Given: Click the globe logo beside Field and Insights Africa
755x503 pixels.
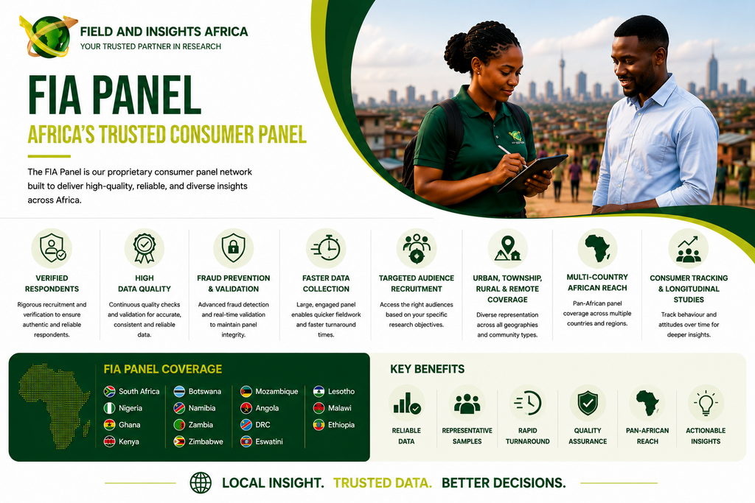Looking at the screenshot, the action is tap(48, 37).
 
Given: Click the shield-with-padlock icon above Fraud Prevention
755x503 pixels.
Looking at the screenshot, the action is tap(234, 248).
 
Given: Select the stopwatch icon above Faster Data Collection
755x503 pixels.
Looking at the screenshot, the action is tap(325, 248).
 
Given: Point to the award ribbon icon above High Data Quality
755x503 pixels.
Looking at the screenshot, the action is tap(145, 248).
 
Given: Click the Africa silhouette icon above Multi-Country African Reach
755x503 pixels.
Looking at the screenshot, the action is tap(597, 247).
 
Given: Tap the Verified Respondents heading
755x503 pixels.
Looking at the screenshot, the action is tap(52, 284).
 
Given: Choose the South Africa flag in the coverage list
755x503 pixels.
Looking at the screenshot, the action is tap(109, 392).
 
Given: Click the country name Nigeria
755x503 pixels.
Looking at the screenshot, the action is tap(131, 408).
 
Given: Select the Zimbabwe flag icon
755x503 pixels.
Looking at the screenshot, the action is tap(179, 441).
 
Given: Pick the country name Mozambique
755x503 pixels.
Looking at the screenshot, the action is tap(276, 392).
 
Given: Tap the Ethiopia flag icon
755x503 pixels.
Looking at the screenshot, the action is tap(319, 425).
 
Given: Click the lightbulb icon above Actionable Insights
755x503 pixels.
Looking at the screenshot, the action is tap(706, 403).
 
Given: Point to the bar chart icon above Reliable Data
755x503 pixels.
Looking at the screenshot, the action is tap(407, 404).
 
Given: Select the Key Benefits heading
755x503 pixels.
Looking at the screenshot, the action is tap(427, 369).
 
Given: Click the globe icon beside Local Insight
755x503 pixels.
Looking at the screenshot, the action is tap(201, 483).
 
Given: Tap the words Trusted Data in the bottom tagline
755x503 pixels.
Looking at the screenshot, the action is tap(383, 483).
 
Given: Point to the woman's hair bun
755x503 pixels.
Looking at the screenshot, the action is tap(456, 52).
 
